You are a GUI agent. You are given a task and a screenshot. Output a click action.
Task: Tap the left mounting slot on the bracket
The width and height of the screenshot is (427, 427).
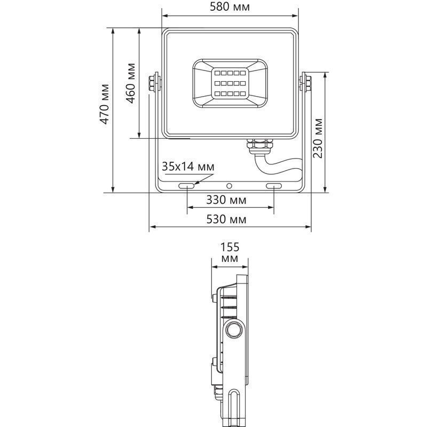pyautogui.click(x=187, y=186)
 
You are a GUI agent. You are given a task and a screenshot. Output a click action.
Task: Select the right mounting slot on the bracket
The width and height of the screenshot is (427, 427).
pyautogui.click(x=273, y=186)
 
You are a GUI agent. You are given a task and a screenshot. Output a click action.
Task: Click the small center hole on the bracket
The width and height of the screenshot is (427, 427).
pyautogui.click(x=230, y=186)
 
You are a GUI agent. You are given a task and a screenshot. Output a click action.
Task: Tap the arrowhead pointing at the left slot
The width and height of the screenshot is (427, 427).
pyautogui.click(x=196, y=183)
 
